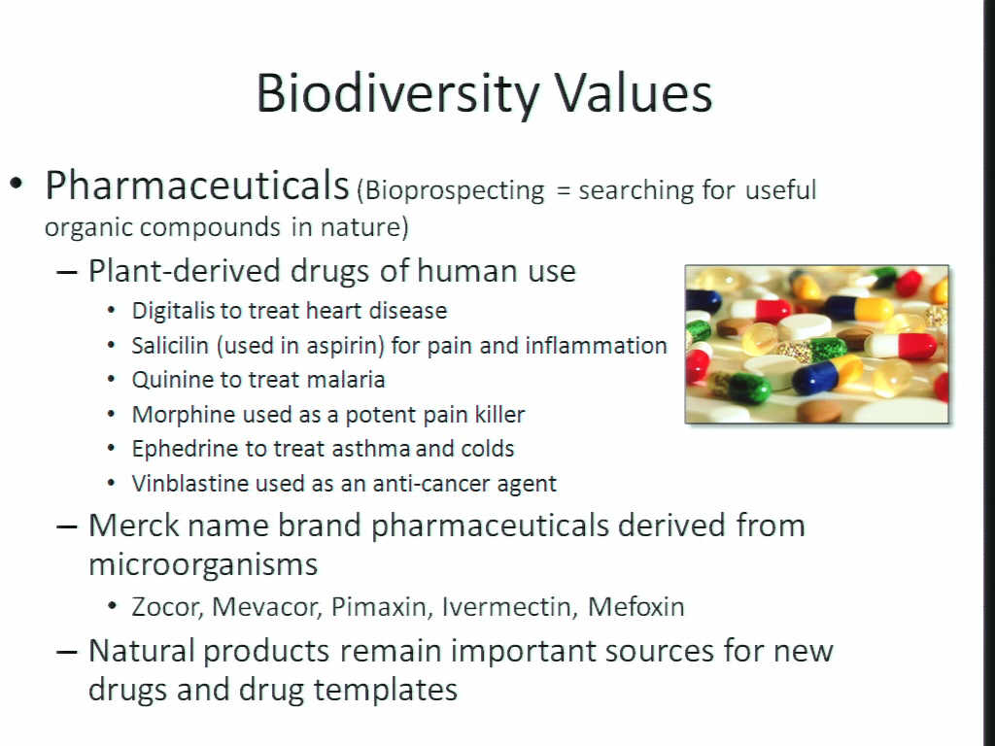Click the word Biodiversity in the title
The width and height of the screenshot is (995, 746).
point(397,94)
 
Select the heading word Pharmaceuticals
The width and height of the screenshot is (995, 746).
point(196,186)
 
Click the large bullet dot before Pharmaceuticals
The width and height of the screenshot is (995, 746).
point(17,184)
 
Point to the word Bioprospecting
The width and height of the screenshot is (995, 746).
point(455,191)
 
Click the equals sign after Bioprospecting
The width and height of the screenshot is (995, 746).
point(563,191)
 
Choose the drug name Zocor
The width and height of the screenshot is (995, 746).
point(167,607)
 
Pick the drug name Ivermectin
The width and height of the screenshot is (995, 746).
point(510,607)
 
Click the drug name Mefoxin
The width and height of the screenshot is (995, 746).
point(635,607)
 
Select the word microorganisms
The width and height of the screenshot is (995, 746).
point(203,564)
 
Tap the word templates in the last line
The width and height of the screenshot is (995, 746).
point(385,691)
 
